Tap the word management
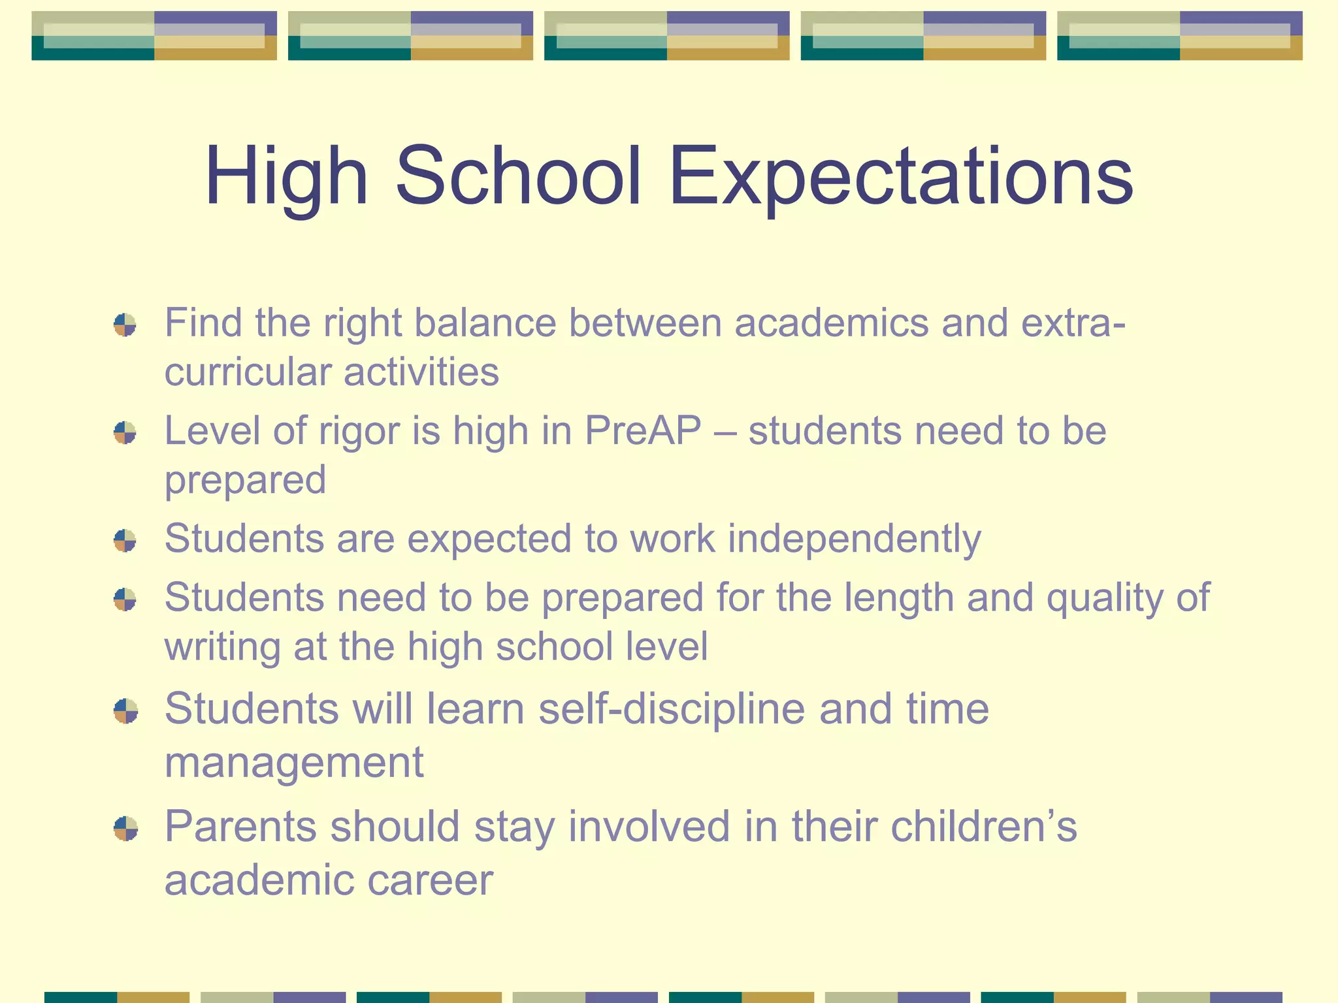pos(294,762)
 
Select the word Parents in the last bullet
pos(240,827)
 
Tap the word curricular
pos(248,372)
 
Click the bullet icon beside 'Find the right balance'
pos(125,325)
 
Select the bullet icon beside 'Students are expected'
pos(125,541)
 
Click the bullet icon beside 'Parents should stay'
pos(125,829)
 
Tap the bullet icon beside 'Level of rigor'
pos(125,432)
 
